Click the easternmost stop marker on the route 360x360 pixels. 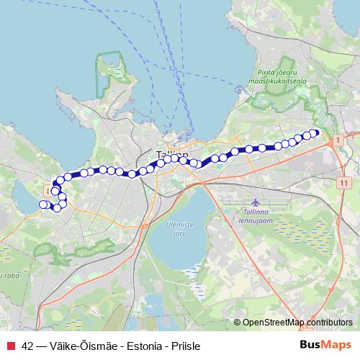[x=314, y=132]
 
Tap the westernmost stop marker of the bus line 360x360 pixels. [x=42, y=204]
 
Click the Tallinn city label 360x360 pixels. [x=172, y=154]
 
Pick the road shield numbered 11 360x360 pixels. [x=340, y=184]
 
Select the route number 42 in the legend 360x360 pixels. [x=27, y=346]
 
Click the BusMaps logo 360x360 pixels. [x=325, y=346]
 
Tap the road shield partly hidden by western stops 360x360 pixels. [x=49, y=190]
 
